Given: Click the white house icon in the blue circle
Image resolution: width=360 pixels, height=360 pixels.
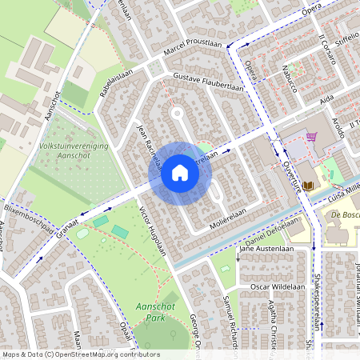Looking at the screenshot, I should point(180,173).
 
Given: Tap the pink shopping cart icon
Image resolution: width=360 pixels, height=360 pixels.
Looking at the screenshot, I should point(310,137).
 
